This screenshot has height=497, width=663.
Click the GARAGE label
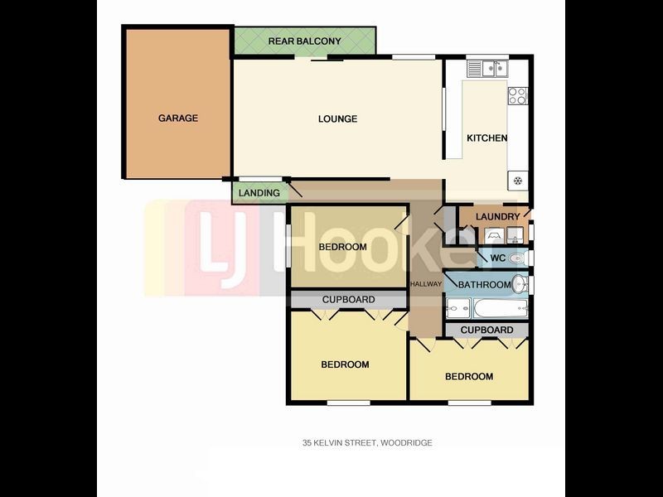click(x=178, y=118)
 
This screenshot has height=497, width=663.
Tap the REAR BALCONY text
click(x=304, y=41)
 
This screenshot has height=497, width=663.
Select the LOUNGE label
click(x=337, y=118)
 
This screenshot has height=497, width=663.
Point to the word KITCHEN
click(x=487, y=138)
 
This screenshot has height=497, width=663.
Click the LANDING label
click(x=259, y=193)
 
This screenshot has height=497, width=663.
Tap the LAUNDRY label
click(x=498, y=217)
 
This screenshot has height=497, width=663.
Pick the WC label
click(x=497, y=258)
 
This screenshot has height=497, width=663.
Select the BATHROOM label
click(x=485, y=285)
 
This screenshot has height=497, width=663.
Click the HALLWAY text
click(x=426, y=284)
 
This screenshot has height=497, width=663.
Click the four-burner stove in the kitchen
click(x=517, y=95)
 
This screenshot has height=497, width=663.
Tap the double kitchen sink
click(x=495, y=69)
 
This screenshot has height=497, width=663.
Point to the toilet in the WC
click(x=516, y=258)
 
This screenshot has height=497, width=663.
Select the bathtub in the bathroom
click(x=501, y=308)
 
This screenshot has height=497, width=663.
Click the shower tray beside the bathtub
click(x=458, y=308)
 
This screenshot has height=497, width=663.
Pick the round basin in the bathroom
click(x=520, y=284)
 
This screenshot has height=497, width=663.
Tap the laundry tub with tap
click(x=515, y=235)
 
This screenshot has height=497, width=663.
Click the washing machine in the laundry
click(x=493, y=235)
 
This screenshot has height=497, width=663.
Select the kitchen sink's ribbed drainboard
click(x=475, y=69)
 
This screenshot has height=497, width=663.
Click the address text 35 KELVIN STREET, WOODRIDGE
click(x=367, y=443)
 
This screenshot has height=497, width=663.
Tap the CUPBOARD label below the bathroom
click(x=486, y=330)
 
